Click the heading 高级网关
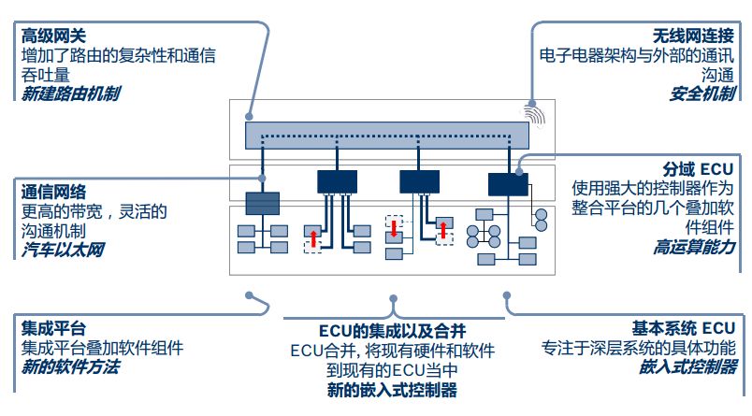pos(53,36)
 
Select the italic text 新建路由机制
pos(70,93)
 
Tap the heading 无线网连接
pos(693,36)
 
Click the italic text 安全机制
pos(702,93)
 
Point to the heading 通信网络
pos(53,192)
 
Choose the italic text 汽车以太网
pos(63,250)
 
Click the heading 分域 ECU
pos(698,169)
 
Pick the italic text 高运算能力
pos(694,247)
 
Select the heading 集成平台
pos(53,328)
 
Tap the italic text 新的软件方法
pos(70,367)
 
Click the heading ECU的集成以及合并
pos(392,331)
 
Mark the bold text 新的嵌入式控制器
pos(392,390)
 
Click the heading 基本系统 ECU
pos(683,328)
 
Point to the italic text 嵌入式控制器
pos(687,367)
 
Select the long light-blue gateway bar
pos(387,136)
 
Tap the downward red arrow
pos(394,229)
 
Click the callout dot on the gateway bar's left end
pos(249,117)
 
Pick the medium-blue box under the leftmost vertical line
pos(262,203)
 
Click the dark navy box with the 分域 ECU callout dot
pos(508,184)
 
